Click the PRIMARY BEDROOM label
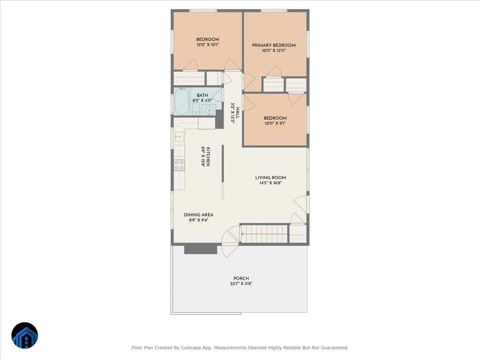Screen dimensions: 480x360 point(274,45)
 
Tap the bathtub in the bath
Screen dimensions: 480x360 point(182,101)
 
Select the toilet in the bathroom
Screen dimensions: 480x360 point(196,109)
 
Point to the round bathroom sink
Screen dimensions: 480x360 point(209,110)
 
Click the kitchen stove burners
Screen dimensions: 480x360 point(179,165)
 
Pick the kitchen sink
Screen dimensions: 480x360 point(179,137)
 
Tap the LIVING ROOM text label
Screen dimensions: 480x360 point(270,178)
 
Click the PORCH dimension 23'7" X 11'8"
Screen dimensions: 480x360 point(241,284)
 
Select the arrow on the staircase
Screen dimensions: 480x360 point(264,234)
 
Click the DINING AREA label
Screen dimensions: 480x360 point(198,215)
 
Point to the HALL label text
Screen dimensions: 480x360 point(238,113)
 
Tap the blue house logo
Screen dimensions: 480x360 point(25,336)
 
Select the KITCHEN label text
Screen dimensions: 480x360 point(208,157)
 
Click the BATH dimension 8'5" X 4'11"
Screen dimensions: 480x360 point(202,100)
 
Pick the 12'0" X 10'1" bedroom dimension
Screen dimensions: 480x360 point(208,45)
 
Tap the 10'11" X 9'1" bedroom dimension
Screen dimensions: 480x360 point(275,123)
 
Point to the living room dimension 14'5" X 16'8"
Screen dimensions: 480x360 point(270,183)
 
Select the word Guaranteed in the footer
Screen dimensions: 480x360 point(336,348)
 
